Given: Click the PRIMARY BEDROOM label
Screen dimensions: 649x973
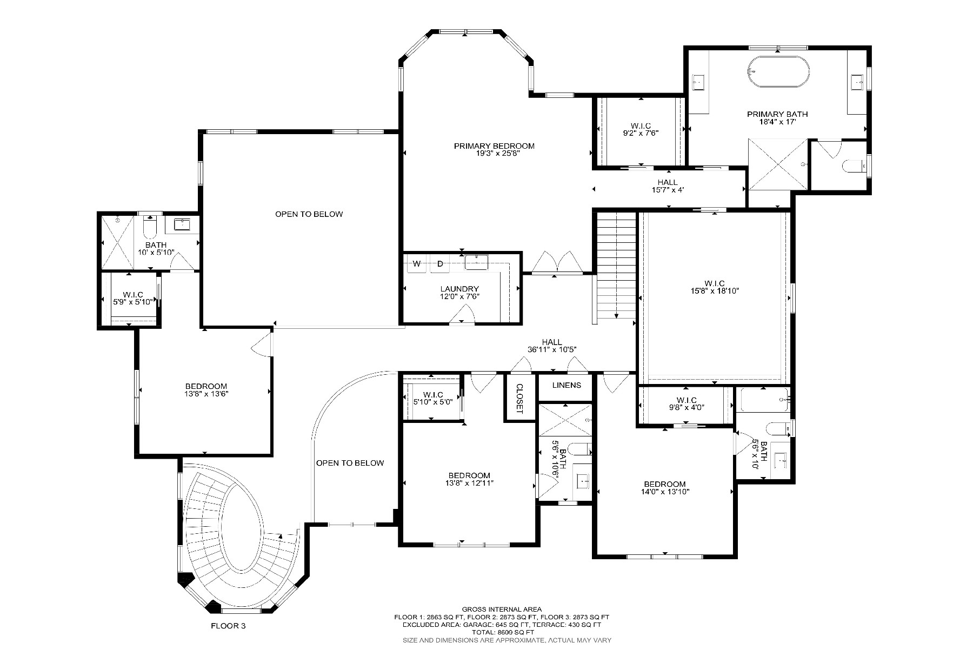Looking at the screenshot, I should point(494,146).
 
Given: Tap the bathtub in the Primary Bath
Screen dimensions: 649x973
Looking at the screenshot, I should point(779,72).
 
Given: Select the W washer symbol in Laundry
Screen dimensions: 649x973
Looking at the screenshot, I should point(417,264).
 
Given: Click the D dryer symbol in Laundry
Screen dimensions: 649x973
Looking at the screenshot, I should point(440,264).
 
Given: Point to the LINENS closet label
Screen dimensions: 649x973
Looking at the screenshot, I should point(567,385).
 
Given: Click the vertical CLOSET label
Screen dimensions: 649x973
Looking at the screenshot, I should point(519,399).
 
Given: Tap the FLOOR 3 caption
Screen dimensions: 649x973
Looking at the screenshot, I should point(228,626).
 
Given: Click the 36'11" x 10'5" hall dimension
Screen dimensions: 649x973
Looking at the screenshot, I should point(552,350).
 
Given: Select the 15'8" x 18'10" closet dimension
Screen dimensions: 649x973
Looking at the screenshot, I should point(714,291).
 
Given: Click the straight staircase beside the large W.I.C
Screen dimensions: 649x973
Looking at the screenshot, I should point(616,265).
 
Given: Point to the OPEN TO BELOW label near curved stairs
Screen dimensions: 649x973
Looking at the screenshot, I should point(350,463).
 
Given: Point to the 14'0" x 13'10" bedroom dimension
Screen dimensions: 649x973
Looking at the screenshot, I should point(664,492).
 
